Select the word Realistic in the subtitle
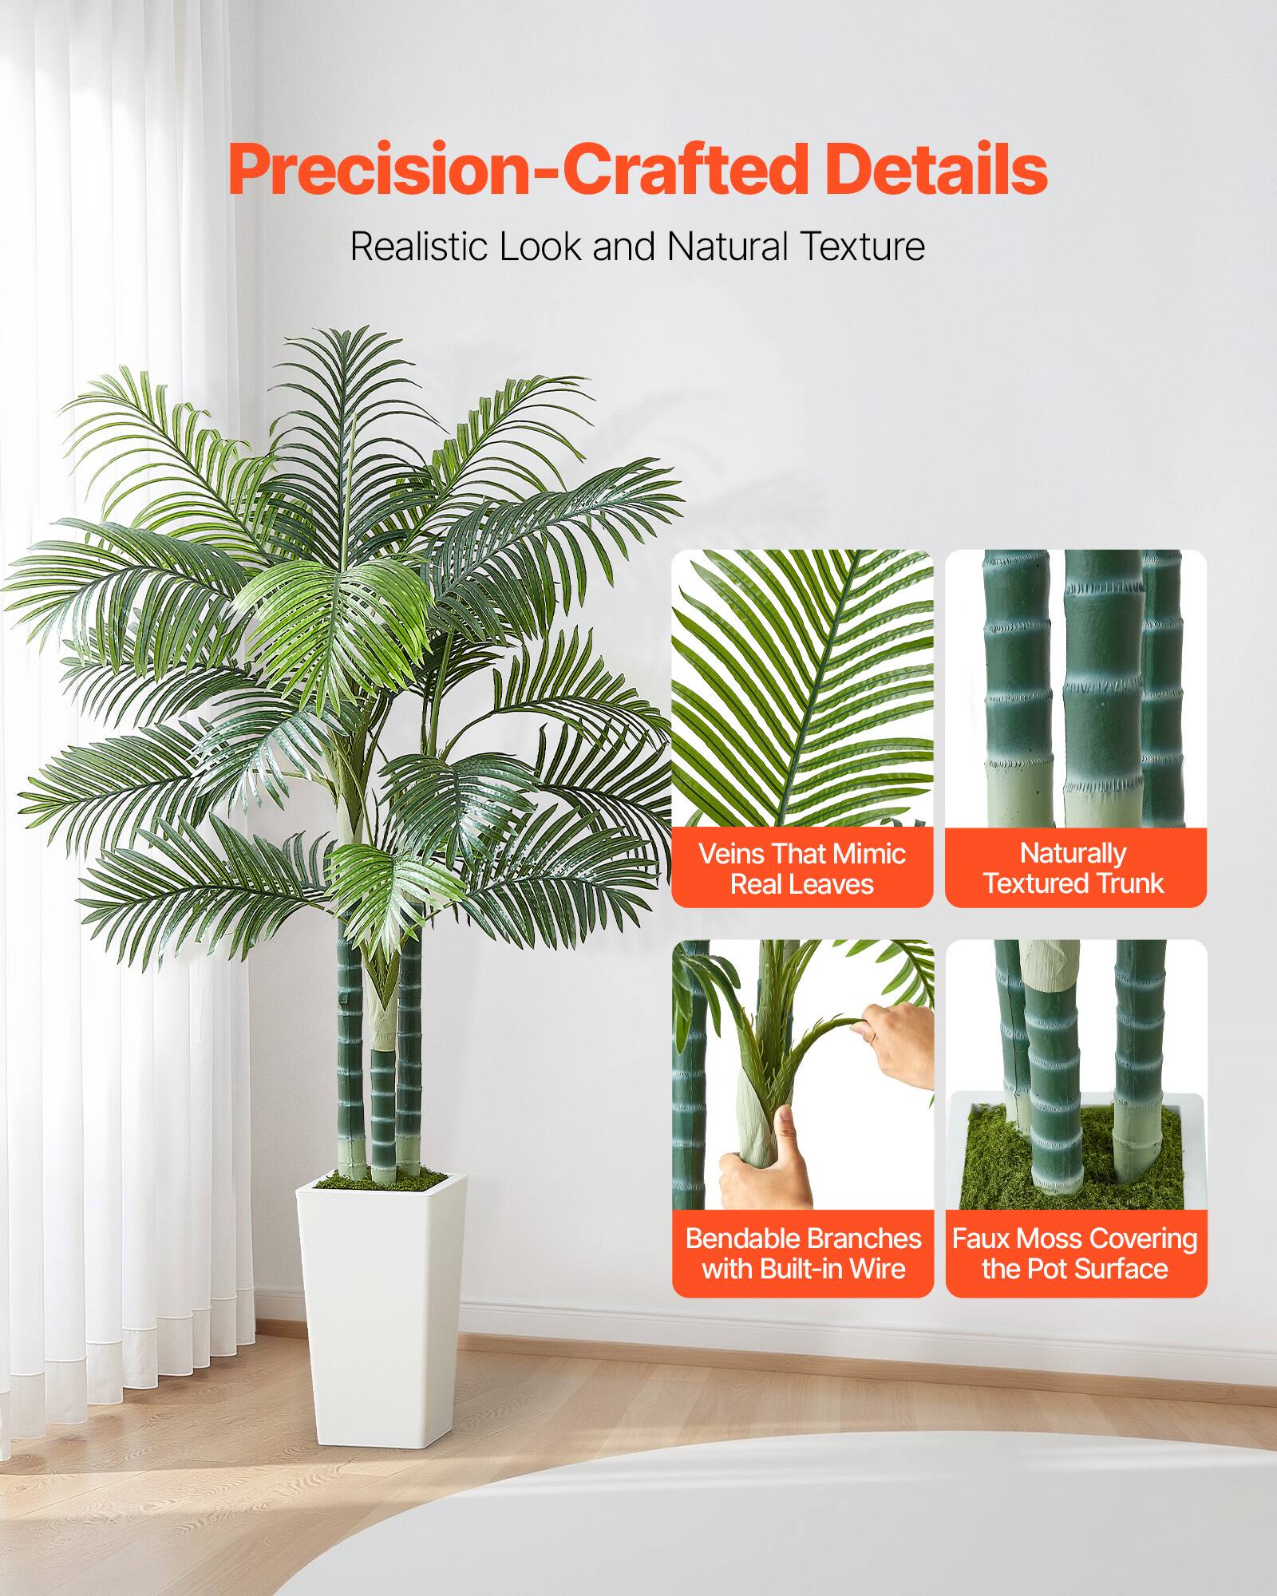point(420,247)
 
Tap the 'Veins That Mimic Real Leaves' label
point(802,868)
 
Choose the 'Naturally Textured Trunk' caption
point(1075,868)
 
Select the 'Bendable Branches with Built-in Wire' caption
point(803,1253)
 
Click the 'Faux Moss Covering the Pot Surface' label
point(1075,1253)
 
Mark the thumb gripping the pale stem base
point(786,1133)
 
